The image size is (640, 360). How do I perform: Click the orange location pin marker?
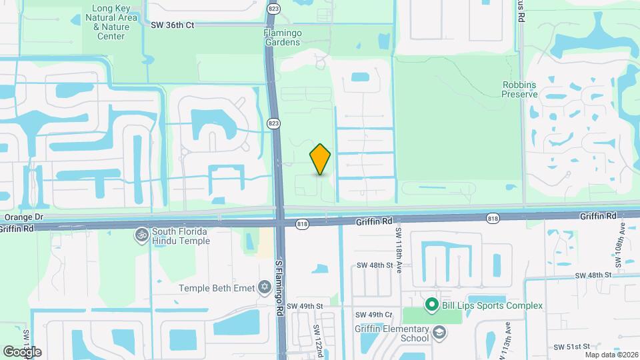click(x=320, y=159)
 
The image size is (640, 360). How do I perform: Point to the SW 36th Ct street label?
click(x=172, y=25)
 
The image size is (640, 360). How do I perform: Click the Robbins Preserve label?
click(x=519, y=89)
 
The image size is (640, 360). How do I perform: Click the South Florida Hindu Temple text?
click(x=181, y=236)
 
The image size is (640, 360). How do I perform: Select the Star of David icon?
click(x=264, y=287)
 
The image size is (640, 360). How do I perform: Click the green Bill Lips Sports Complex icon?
click(x=431, y=305)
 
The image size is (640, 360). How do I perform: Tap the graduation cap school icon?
click(x=439, y=332)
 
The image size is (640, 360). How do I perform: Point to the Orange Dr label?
click(x=23, y=217)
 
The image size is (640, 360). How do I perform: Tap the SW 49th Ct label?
click(x=373, y=315)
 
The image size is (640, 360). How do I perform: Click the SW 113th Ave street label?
click(x=508, y=337)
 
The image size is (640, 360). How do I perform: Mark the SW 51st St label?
click(x=573, y=347)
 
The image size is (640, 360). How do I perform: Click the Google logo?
click(x=23, y=351)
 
